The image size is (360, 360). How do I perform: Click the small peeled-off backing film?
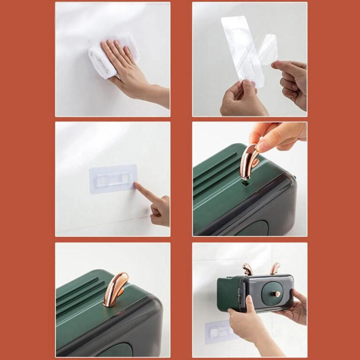pos(269,49)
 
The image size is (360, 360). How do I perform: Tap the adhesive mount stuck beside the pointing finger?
pos(113,179)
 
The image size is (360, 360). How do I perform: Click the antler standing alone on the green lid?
pos(114,289)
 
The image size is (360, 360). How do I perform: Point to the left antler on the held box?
pos(247,269)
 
